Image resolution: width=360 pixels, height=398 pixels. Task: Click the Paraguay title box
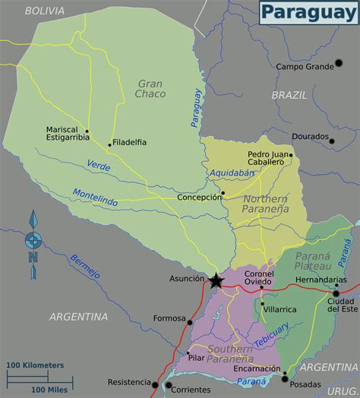[308, 13]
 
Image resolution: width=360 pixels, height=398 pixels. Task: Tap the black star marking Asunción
[216, 281]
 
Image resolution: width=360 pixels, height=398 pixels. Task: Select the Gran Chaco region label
[151, 89]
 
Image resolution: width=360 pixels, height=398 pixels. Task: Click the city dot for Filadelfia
[110, 144]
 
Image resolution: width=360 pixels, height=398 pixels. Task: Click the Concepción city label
[198, 197]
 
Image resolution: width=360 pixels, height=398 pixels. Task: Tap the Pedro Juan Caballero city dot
[291, 156]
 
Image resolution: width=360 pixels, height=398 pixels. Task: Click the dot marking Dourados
[332, 141]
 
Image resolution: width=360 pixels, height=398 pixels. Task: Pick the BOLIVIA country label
[44, 11]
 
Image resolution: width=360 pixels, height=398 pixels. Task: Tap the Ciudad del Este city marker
[336, 293]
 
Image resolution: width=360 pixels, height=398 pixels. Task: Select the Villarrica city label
[281, 310]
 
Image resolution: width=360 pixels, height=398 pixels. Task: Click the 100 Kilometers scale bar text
[36, 365]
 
